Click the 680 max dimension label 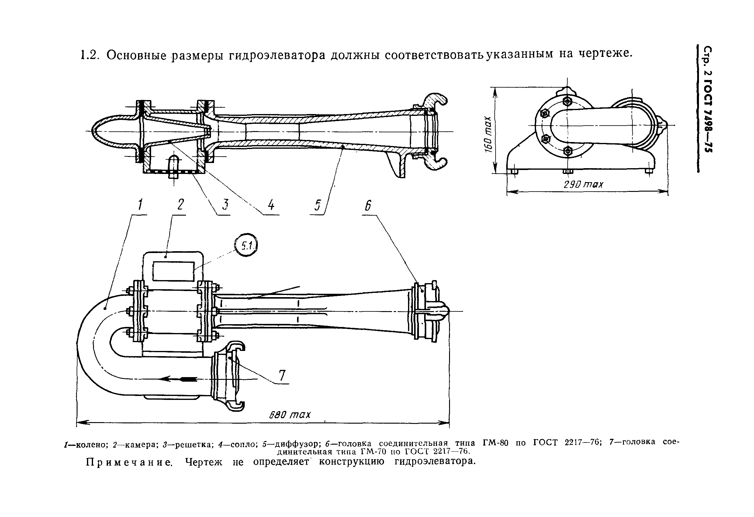289,415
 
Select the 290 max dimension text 583,185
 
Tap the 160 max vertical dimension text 488,134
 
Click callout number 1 140,205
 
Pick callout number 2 180,204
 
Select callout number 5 317,205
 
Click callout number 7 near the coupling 282,376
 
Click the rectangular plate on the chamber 173,271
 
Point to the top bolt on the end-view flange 567,101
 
